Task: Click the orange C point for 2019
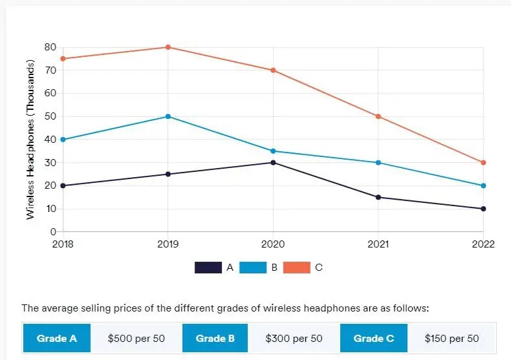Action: [x=168, y=47]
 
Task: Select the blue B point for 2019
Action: [x=168, y=116]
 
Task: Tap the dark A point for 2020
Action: [x=273, y=162]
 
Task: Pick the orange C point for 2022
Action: [x=483, y=162]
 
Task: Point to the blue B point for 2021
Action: [x=378, y=162]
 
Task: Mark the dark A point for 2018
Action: [x=63, y=185]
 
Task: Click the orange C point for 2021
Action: [x=378, y=116]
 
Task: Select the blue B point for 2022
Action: [x=483, y=185]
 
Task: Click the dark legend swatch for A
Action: [x=208, y=268]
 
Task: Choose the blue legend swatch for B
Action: [x=252, y=268]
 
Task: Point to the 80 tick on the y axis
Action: [x=50, y=47]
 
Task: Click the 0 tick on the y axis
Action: [x=53, y=231]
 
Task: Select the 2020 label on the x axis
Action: [x=273, y=244]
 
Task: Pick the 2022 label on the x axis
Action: [x=483, y=244]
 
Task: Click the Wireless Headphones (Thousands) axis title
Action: [x=30, y=140]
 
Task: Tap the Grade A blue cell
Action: [x=57, y=339]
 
